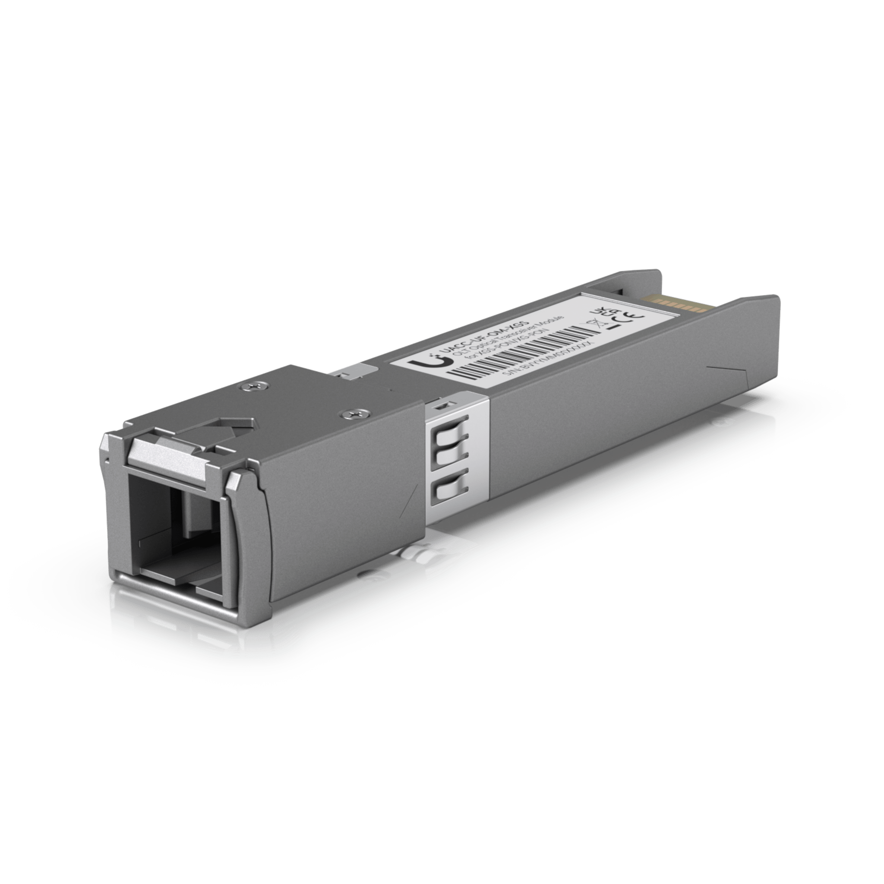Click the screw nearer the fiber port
[353, 414]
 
